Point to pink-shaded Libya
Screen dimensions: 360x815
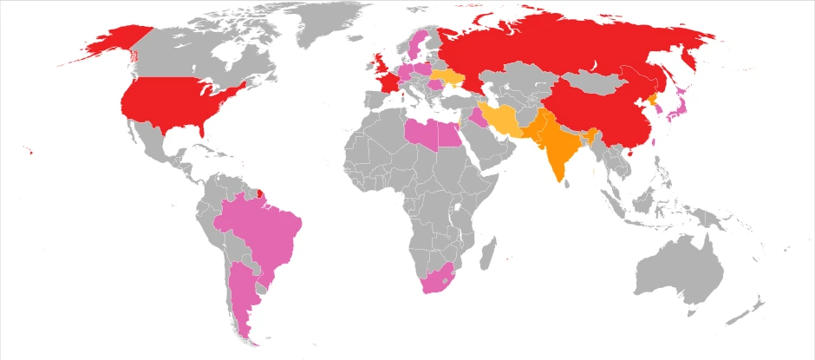pyautogui.click(x=424, y=134)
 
